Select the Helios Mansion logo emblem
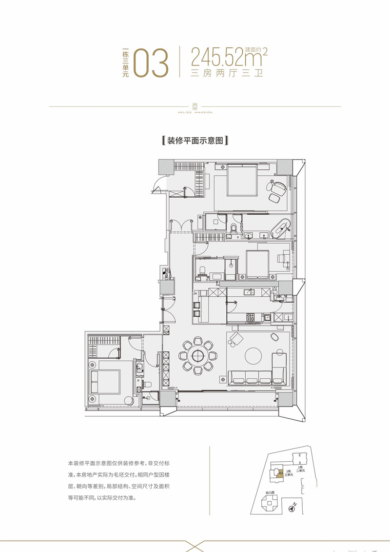pyautogui.click(x=195, y=105)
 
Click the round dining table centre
pyautogui.click(x=197, y=356)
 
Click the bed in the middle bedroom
pyautogui.click(x=257, y=264)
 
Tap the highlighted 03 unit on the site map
pyautogui.click(x=280, y=472)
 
